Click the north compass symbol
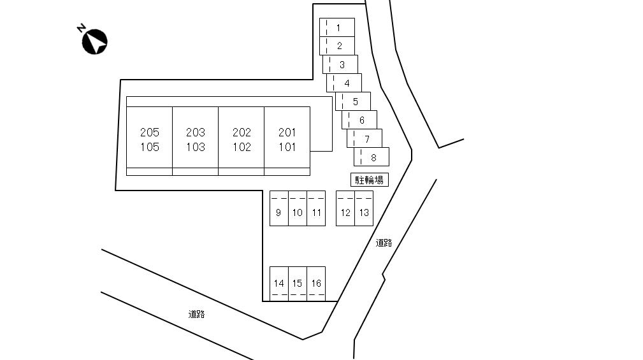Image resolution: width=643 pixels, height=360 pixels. (x=95, y=41)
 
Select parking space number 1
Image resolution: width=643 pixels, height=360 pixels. (x=337, y=27)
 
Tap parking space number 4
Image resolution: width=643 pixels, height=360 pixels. (x=344, y=83)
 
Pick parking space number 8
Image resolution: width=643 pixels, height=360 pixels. (x=372, y=157)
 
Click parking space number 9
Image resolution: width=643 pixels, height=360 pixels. (x=279, y=208)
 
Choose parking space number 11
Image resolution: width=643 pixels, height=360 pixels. (x=316, y=208)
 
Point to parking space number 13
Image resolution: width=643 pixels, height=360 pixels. (x=364, y=208)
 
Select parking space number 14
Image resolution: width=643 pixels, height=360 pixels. (x=279, y=284)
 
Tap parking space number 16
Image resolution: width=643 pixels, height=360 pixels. (x=316, y=284)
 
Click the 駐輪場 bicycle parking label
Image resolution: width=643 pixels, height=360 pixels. (x=370, y=180)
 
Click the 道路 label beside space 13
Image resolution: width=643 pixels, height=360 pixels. (x=384, y=243)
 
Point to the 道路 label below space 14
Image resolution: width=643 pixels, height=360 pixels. (x=196, y=314)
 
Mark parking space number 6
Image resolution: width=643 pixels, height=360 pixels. (x=359, y=120)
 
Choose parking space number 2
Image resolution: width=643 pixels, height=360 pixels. (x=337, y=46)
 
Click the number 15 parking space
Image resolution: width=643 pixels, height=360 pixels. (x=298, y=284)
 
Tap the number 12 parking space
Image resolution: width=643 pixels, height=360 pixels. (x=345, y=208)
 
